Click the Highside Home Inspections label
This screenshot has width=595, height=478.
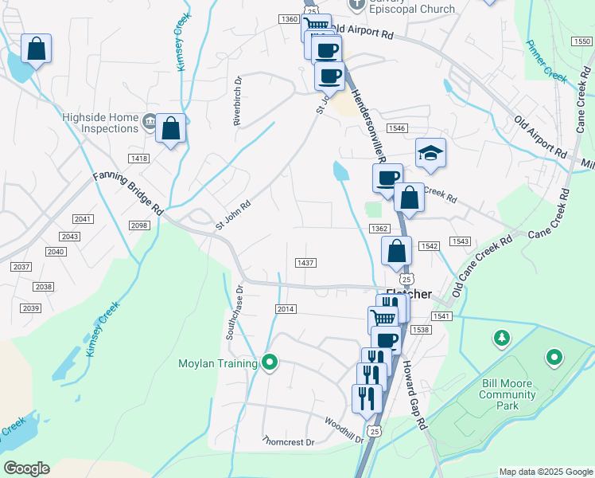[x=100, y=123]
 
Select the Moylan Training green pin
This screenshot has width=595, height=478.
[x=270, y=363]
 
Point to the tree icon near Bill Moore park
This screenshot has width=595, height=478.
[x=501, y=339]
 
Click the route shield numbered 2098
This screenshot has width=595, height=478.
[x=140, y=225]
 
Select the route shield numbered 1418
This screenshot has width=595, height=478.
[x=139, y=159]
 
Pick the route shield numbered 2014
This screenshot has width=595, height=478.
[x=286, y=308]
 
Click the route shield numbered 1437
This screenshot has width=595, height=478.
[x=305, y=263]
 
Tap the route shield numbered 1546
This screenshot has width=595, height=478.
[x=397, y=127]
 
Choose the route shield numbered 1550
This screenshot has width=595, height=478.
[x=581, y=41]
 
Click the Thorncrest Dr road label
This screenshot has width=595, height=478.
[x=289, y=441]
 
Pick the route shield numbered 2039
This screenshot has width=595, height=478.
[x=31, y=308]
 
